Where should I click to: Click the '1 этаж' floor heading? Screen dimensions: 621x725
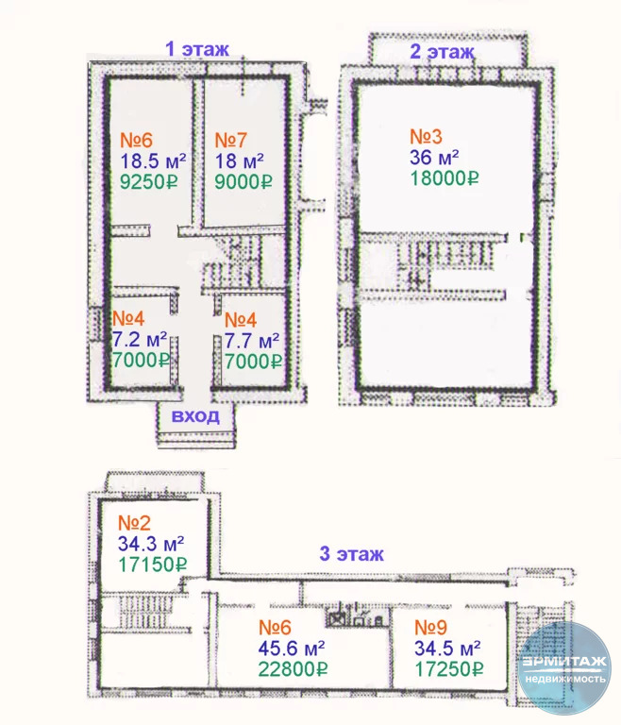point(197,48)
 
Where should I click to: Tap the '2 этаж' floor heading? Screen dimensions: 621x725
point(443,51)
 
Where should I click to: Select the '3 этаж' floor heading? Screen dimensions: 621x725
point(352,553)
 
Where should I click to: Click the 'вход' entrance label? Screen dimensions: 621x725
point(195,415)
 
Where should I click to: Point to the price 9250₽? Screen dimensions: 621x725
point(149,181)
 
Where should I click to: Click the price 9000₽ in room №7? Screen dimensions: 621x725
point(243,181)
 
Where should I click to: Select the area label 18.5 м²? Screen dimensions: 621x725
point(153,160)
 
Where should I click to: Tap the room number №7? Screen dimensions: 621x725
point(230,140)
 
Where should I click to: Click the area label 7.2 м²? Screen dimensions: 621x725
point(140,340)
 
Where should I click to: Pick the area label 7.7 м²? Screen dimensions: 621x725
point(252,341)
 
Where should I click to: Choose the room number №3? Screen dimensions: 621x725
point(426,137)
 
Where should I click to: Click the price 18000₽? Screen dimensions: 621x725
point(445,178)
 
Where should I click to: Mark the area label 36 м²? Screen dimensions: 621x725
point(434,158)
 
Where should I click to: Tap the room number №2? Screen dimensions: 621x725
point(134,523)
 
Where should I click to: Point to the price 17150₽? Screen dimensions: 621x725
point(153,565)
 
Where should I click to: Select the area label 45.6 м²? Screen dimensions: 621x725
point(292,649)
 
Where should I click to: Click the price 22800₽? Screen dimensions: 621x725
point(293,669)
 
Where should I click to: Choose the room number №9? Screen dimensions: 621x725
point(430,628)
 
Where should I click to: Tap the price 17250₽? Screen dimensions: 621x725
point(449,669)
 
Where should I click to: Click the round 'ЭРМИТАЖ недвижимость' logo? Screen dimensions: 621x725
point(564,668)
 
